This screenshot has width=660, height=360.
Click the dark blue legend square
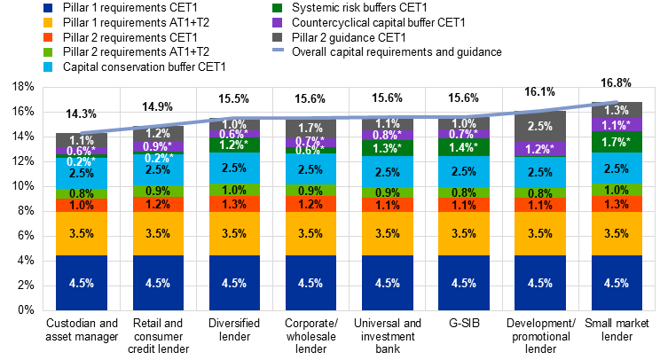click(48, 7)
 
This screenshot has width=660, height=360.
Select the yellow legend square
click(48, 22)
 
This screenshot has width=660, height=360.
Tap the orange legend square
click(48, 37)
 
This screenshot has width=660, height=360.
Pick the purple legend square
click(278, 22)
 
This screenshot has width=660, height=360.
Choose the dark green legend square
click(278, 7)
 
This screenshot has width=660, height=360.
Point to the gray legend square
click(278, 37)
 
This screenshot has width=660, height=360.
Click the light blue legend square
click(48, 67)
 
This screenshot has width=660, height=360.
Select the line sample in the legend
click(278, 50)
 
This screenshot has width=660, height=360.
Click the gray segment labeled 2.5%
click(540, 127)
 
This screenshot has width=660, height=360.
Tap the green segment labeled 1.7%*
click(617, 142)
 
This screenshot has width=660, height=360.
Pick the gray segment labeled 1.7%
click(310, 129)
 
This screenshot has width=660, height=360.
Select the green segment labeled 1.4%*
click(464, 147)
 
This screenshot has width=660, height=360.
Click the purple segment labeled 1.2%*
click(540, 149)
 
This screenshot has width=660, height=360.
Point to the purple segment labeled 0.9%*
click(158, 146)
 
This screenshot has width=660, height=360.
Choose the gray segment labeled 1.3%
click(617, 111)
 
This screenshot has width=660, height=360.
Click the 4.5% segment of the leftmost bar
click(82, 283)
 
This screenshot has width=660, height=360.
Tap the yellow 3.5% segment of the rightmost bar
click(617, 234)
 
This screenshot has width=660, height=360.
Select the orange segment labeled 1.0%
click(82, 205)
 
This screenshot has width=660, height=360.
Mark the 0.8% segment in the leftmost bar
click(82, 193)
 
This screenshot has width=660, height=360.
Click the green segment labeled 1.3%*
click(388, 148)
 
